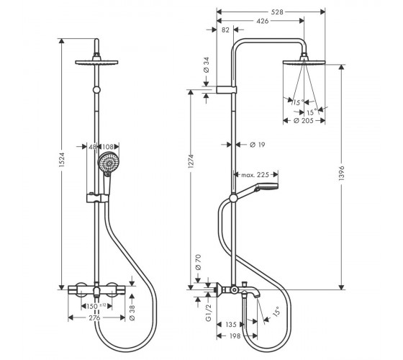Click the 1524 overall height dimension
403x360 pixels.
tap(62, 160)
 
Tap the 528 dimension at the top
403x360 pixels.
tap(277, 12)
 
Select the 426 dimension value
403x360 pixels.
tap(263, 21)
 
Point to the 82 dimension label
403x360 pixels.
tap(225, 30)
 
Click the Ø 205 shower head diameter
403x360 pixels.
tap(304, 120)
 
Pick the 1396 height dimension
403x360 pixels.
tap(341, 174)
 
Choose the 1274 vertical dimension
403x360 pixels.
tap(191, 161)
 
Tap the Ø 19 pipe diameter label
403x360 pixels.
tap(258, 145)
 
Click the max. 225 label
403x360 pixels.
tap(255, 175)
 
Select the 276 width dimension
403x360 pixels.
tap(94, 318)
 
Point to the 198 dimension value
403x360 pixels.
tap(235, 336)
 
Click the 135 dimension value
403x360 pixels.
tap(230, 325)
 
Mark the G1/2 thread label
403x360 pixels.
tap(209, 312)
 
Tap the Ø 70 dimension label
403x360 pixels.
tap(198, 262)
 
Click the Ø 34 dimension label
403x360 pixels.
tap(207, 65)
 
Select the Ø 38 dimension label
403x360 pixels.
tap(132, 312)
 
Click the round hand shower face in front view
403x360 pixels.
tap(109, 163)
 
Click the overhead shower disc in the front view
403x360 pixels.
tap(96, 62)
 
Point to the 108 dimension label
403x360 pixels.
tap(108, 147)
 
